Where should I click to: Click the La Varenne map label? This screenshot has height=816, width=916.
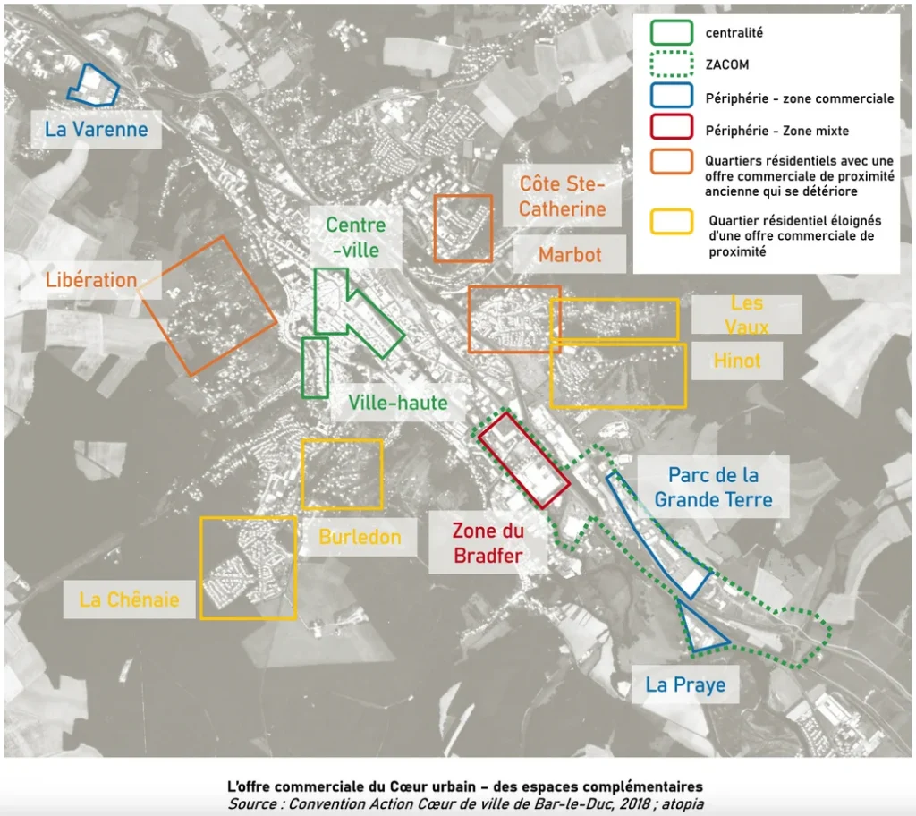point(97,129)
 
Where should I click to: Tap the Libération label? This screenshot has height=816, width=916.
point(91,280)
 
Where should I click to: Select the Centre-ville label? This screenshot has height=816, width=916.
point(356,237)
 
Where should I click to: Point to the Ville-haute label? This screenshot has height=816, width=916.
point(398,403)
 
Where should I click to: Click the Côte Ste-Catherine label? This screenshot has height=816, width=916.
point(562,197)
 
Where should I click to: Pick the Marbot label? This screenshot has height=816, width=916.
point(570,255)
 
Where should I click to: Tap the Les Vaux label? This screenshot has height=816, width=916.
point(747,315)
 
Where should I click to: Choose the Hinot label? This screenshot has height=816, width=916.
point(737,361)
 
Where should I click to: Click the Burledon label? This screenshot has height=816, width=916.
point(360,537)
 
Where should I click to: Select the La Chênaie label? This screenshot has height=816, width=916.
point(129,599)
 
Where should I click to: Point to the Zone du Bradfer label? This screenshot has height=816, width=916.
point(488,543)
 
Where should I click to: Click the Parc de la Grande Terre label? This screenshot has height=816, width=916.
point(713,488)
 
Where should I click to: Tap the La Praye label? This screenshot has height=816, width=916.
point(685,684)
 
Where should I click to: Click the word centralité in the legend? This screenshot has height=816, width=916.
point(734,33)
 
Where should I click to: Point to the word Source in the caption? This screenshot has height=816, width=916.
point(251,803)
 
